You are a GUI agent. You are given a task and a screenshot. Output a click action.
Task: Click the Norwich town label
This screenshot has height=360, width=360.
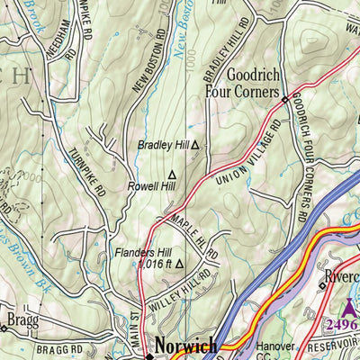click(x=185, y=346)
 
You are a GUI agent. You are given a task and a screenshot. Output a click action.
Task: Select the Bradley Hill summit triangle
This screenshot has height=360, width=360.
click(x=193, y=144)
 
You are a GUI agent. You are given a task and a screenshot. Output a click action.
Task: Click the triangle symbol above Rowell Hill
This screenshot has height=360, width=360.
click(x=173, y=175)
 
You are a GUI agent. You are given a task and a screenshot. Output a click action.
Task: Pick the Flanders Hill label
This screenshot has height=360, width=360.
click(x=142, y=253)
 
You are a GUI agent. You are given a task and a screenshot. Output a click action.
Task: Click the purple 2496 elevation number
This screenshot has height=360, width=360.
click(x=342, y=325)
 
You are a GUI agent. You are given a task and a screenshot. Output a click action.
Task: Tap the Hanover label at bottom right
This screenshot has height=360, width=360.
click(x=274, y=346)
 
